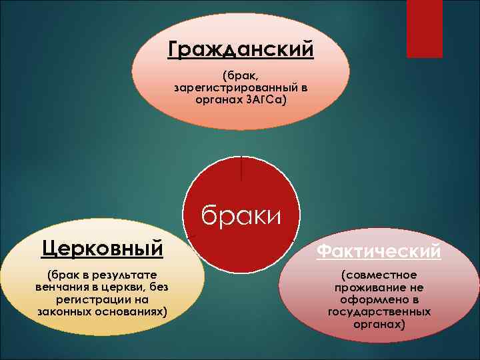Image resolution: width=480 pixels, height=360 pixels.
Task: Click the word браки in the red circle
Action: [241, 215]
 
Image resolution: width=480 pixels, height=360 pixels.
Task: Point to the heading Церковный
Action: [102, 249]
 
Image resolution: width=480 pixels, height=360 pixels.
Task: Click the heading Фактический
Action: [379, 251]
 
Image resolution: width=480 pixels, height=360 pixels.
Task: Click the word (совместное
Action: [379, 275]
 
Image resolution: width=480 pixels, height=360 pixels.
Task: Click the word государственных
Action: [379, 311]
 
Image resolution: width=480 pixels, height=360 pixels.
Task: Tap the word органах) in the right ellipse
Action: [379, 324]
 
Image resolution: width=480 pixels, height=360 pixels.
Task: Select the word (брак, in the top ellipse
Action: [241, 75]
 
